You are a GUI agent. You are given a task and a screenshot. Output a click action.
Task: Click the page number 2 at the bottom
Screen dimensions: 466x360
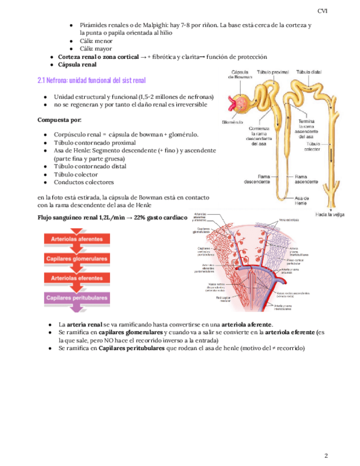326,440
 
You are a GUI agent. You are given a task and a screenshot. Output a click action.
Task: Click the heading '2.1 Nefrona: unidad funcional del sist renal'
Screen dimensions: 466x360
91,80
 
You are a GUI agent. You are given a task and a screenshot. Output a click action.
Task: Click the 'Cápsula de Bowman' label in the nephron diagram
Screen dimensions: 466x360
242,74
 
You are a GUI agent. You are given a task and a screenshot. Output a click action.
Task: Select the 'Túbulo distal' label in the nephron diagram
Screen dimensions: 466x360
309,72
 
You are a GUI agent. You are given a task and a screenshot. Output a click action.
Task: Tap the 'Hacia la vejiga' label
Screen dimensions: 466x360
330,214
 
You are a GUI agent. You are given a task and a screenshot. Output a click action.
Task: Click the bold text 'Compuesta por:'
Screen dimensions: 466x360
59,120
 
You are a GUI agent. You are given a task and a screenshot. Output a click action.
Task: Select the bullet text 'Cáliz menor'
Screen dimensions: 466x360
96,41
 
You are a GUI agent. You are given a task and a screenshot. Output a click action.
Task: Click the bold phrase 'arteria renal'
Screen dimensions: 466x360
85,325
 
